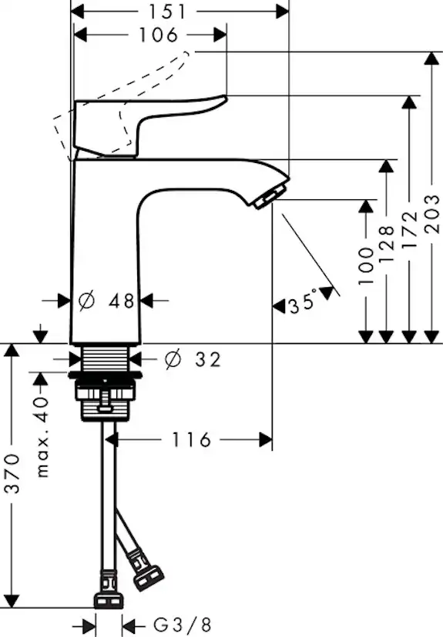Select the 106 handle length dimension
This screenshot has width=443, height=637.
(x=160, y=35)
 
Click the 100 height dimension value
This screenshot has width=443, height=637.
(x=367, y=265)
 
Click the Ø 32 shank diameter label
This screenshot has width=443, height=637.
(x=193, y=359)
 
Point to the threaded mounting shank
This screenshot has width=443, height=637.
(x=108, y=359)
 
